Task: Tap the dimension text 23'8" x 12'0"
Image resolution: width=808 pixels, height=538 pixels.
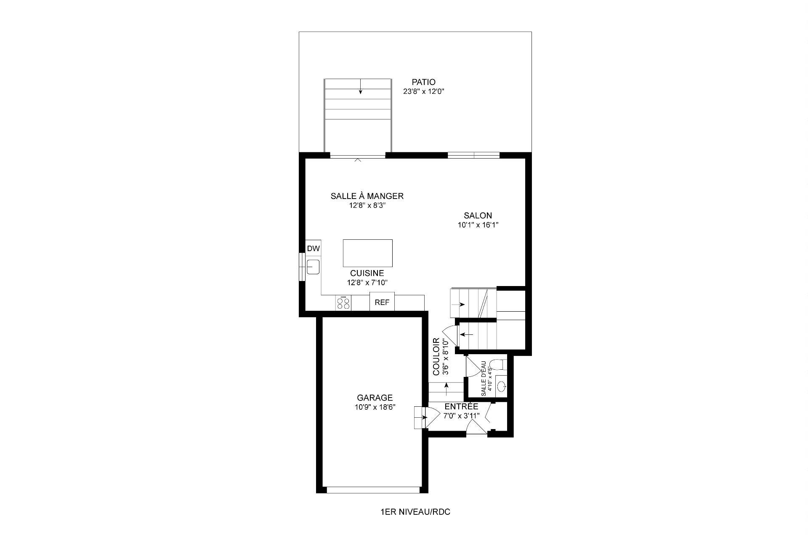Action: tap(423, 92)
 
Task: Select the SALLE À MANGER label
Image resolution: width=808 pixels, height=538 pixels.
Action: tap(367, 196)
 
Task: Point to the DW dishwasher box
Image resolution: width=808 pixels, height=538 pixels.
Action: tap(313, 249)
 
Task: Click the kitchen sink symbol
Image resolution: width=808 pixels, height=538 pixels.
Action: tap(313, 267)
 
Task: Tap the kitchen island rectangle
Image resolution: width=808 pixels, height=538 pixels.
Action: tap(367, 253)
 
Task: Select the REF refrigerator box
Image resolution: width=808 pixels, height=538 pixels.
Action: tap(382, 302)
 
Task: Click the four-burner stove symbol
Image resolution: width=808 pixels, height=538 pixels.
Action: tap(343, 303)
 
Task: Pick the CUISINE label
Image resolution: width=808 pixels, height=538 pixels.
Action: tap(367, 273)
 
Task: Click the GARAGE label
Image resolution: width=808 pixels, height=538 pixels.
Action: tap(375, 398)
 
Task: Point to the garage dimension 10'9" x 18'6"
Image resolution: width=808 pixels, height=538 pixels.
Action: tap(375, 407)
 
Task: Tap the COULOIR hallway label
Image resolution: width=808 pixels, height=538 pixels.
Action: tap(436, 356)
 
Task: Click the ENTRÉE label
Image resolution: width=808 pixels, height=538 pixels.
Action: tap(461, 407)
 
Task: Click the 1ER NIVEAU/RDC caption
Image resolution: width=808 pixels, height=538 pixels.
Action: tap(415, 512)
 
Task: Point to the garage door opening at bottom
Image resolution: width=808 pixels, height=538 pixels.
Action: tap(373, 490)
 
